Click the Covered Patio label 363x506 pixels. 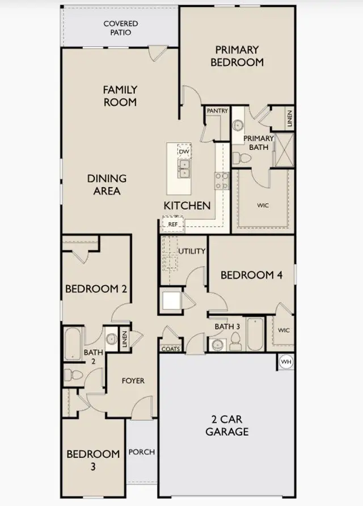pyautogui.click(x=120, y=28)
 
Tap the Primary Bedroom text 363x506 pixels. pyautogui.click(x=237, y=56)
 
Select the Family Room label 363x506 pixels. pyautogui.click(x=120, y=96)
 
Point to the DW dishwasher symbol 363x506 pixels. pyautogui.click(x=184, y=152)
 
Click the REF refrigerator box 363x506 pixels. pyautogui.click(x=172, y=224)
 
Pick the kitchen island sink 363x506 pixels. pyautogui.click(x=184, y=169)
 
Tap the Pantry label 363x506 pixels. pyautogui.click(x=217, y=110)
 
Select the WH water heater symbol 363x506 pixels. pyautogui.click(x=285, y=361)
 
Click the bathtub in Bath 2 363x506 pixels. pyautogui.click(x=73, y=343)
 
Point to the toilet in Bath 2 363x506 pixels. pyautogui.click(x=72, y=375)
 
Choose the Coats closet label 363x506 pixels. pyautogui.click(x=171, y=349)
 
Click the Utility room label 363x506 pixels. pyautogui.click(x=192, y=251)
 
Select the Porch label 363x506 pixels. pyautogui.click(x=142, y=452)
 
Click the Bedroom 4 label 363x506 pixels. pyautogui.click(x=251, y=275)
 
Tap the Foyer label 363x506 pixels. pyautogui.click(x=133, y=380)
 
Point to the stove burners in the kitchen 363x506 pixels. pyautogui.click(x=221, y=181)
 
